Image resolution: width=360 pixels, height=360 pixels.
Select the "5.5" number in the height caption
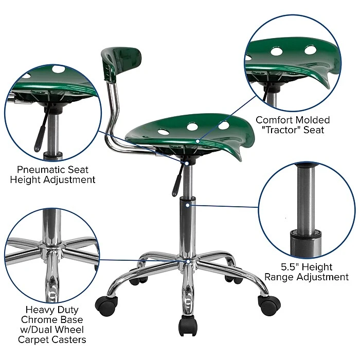(289, 267)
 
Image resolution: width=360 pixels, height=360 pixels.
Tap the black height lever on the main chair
(178, 180)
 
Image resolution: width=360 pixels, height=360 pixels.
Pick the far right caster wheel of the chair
(269, 305)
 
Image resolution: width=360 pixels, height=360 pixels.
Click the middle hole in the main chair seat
(192, 127)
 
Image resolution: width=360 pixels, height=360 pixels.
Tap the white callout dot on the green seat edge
(197, 141)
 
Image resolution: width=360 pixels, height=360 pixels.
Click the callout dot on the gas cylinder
(188, 205)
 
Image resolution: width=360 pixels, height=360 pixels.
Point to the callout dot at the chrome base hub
(188, 261)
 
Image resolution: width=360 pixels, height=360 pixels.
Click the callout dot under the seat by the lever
(187, 163)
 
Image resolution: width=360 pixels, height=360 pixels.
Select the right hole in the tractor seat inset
(311, 50)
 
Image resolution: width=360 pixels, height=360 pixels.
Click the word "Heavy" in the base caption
(36, 310)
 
